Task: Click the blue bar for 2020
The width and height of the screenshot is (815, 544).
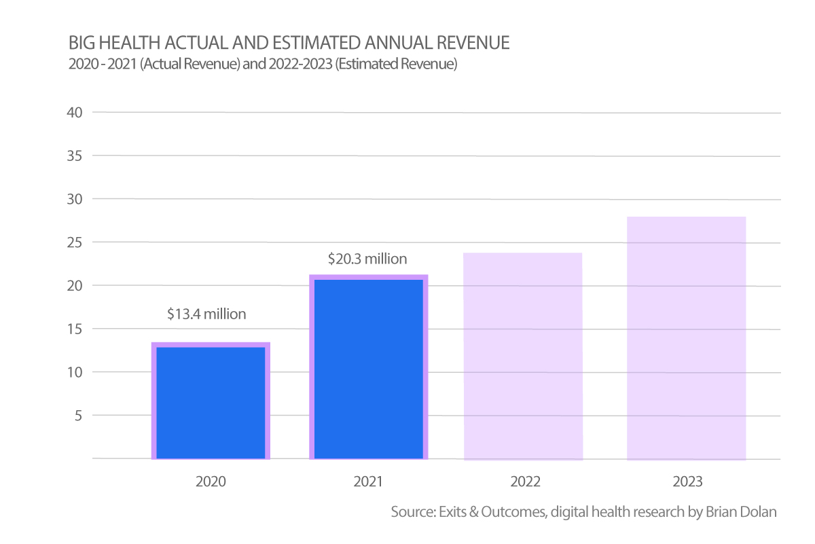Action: pos(211,402)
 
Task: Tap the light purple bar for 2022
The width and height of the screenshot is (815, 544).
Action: pos(523,356)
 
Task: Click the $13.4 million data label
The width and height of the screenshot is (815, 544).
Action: pos(206,314)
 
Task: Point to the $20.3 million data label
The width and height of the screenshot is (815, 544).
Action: pos(367,259)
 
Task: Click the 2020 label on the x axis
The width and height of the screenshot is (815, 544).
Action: pos(211,482)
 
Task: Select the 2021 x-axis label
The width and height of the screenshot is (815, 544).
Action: pos(369,482)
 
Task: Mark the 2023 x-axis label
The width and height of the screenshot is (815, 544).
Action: pos(687,482)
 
